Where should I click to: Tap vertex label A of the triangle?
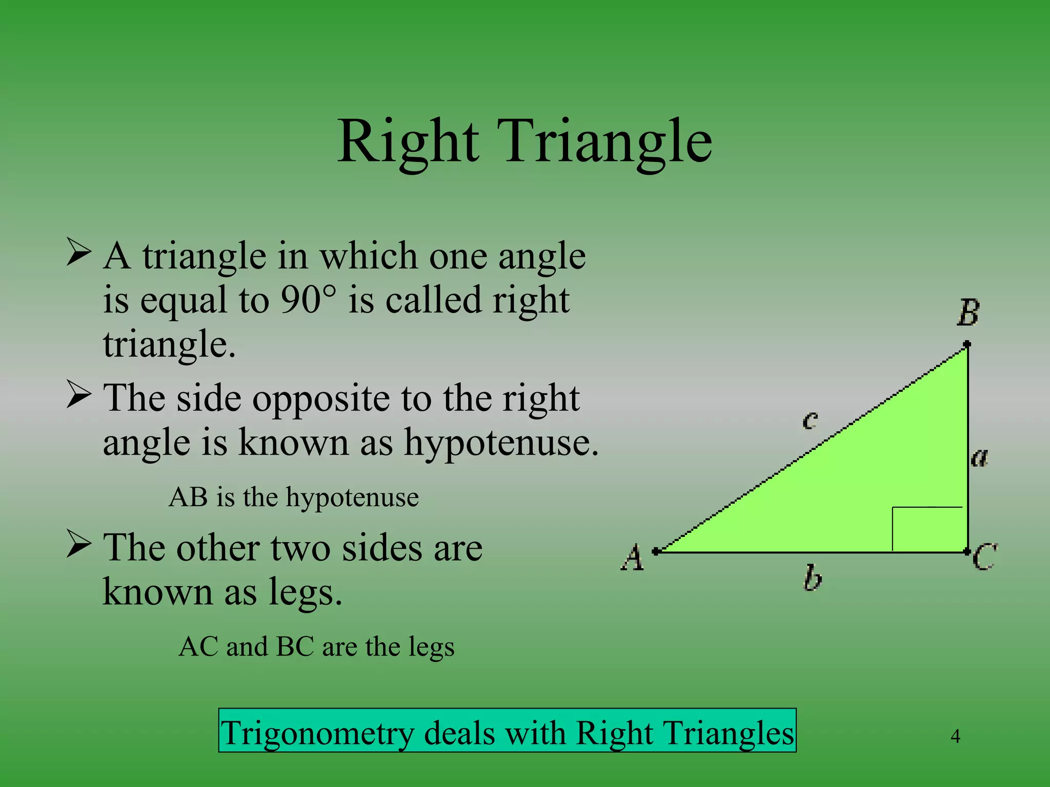pyautogui.click(x=633, y=558)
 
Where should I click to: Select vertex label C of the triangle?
pyautogui.click(x=985, y=557)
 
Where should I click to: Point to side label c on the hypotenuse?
pyautogui.click(x=810, y=421)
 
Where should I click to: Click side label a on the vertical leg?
pyautogui.click(x=979, y=457)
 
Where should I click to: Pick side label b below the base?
pyautogui.click(x=812, y=578)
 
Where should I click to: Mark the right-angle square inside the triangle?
pyautogui.click(x=927, y=529)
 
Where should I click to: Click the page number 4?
pyautogui.click(x=955, y=736)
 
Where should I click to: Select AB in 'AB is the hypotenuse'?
pyautogui.click(x=188, y=497)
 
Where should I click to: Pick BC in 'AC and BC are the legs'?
pyautogui.click(x=295, y=647)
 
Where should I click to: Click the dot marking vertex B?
pyautogui.click(x=966, y=344)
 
